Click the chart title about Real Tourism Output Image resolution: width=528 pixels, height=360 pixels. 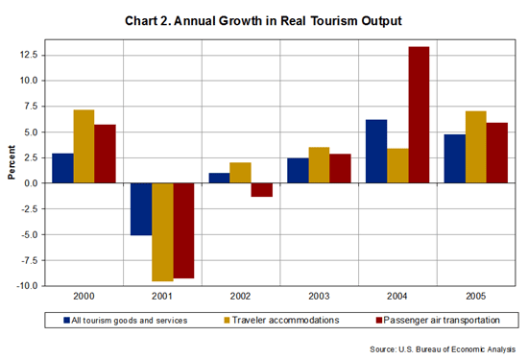pyautogui.click(x=264, y=19)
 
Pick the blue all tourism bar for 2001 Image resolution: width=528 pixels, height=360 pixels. pyautogui.click(x=115, y=208)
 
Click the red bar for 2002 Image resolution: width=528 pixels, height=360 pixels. pyautogui.click(x=261, y=189)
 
